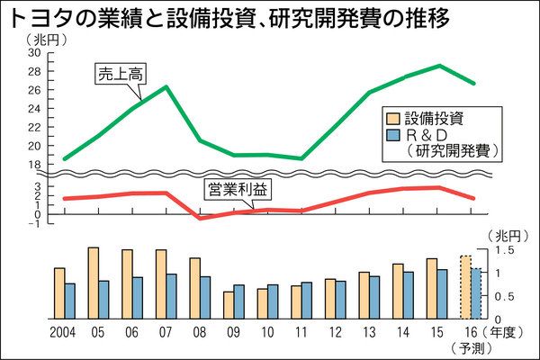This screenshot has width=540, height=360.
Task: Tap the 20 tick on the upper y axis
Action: click(35, 146)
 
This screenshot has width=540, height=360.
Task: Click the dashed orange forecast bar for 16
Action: click(465, 287)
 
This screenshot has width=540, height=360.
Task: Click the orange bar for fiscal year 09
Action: click(229, 305)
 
